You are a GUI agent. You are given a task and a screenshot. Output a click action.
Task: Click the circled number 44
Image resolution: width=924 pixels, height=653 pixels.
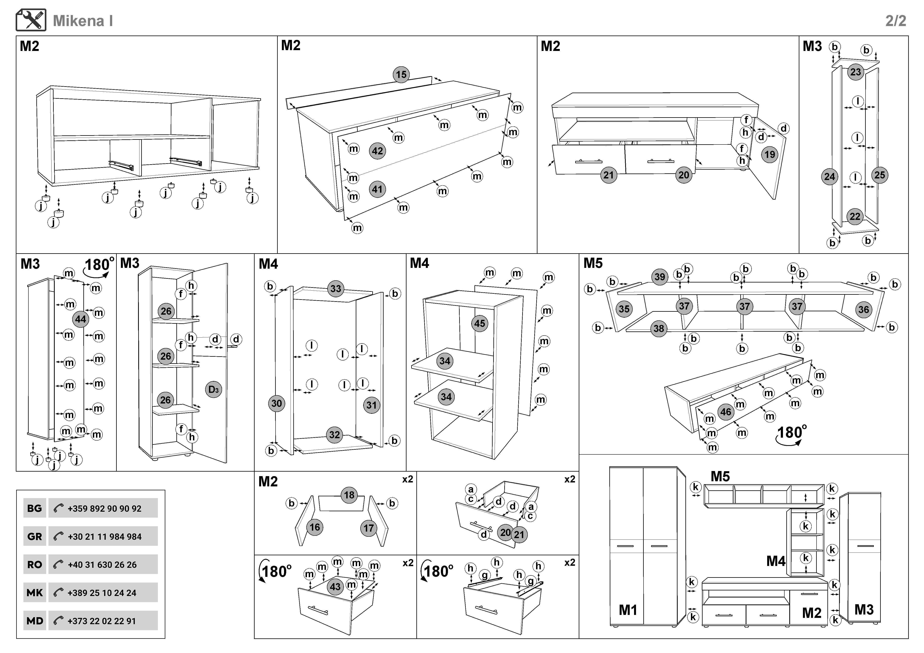[80, 319]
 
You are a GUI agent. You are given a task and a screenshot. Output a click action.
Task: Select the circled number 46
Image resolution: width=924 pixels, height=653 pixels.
[726, 412]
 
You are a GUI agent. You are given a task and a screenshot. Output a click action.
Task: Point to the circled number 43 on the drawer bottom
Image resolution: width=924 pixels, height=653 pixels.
[335, 587]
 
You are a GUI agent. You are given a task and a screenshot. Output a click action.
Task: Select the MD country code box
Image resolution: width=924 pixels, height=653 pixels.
[35, 621]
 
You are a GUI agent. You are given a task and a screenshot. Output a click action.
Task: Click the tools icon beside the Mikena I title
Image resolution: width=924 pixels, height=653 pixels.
[31, 20]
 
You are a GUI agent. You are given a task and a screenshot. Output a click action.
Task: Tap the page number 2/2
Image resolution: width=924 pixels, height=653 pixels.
[895, 21]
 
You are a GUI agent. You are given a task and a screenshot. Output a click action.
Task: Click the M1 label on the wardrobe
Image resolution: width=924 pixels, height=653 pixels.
[628, 610]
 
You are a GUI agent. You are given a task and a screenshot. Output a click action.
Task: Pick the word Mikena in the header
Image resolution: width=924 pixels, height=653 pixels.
[78, 21]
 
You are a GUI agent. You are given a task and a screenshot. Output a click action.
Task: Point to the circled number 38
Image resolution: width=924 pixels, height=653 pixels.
[658, 328]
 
